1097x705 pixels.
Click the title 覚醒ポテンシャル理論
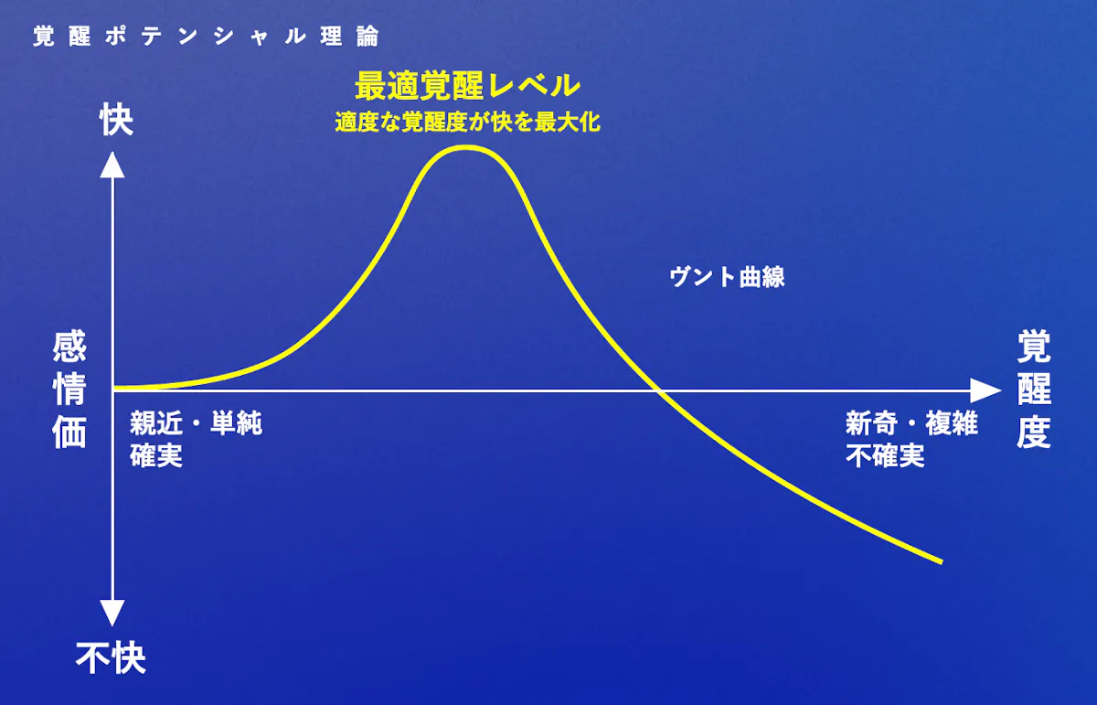point(206,37)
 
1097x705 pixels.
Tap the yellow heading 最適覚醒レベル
point(467,86)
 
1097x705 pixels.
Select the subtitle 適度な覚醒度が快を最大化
point(468,122)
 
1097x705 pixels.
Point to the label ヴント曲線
point(727,277)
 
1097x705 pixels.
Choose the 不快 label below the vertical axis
point(111,657)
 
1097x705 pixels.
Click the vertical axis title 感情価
point(69,390)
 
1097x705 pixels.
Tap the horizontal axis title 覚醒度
point(1033,390)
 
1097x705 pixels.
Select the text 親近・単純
point(196,423)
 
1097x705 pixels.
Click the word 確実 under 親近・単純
point(156,455)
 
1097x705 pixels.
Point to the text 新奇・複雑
point(911,423)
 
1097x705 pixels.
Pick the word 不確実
point(885,455)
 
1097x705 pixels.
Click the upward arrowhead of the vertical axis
point(112,165)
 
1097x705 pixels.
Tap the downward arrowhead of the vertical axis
point(112,613)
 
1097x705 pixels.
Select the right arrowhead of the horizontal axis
point(985,390)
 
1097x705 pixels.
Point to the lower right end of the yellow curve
point(942,562)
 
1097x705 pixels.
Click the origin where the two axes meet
point(112,390)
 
